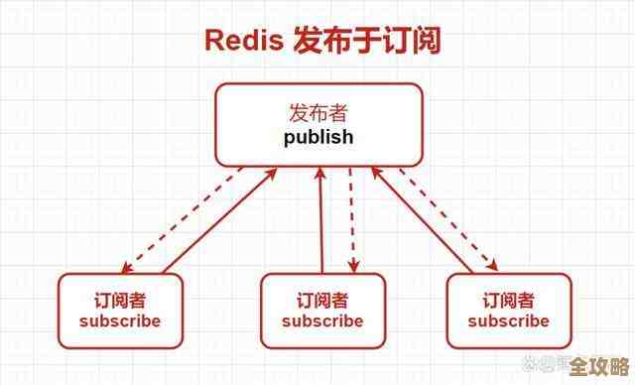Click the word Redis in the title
[243, 41]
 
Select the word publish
[317, 138]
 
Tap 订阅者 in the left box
[119, 300]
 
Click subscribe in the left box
[119, 321]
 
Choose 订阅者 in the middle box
[321, 300]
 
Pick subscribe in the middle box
[321, 321]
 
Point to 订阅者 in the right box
[508, 300]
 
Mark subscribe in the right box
[508, 321]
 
